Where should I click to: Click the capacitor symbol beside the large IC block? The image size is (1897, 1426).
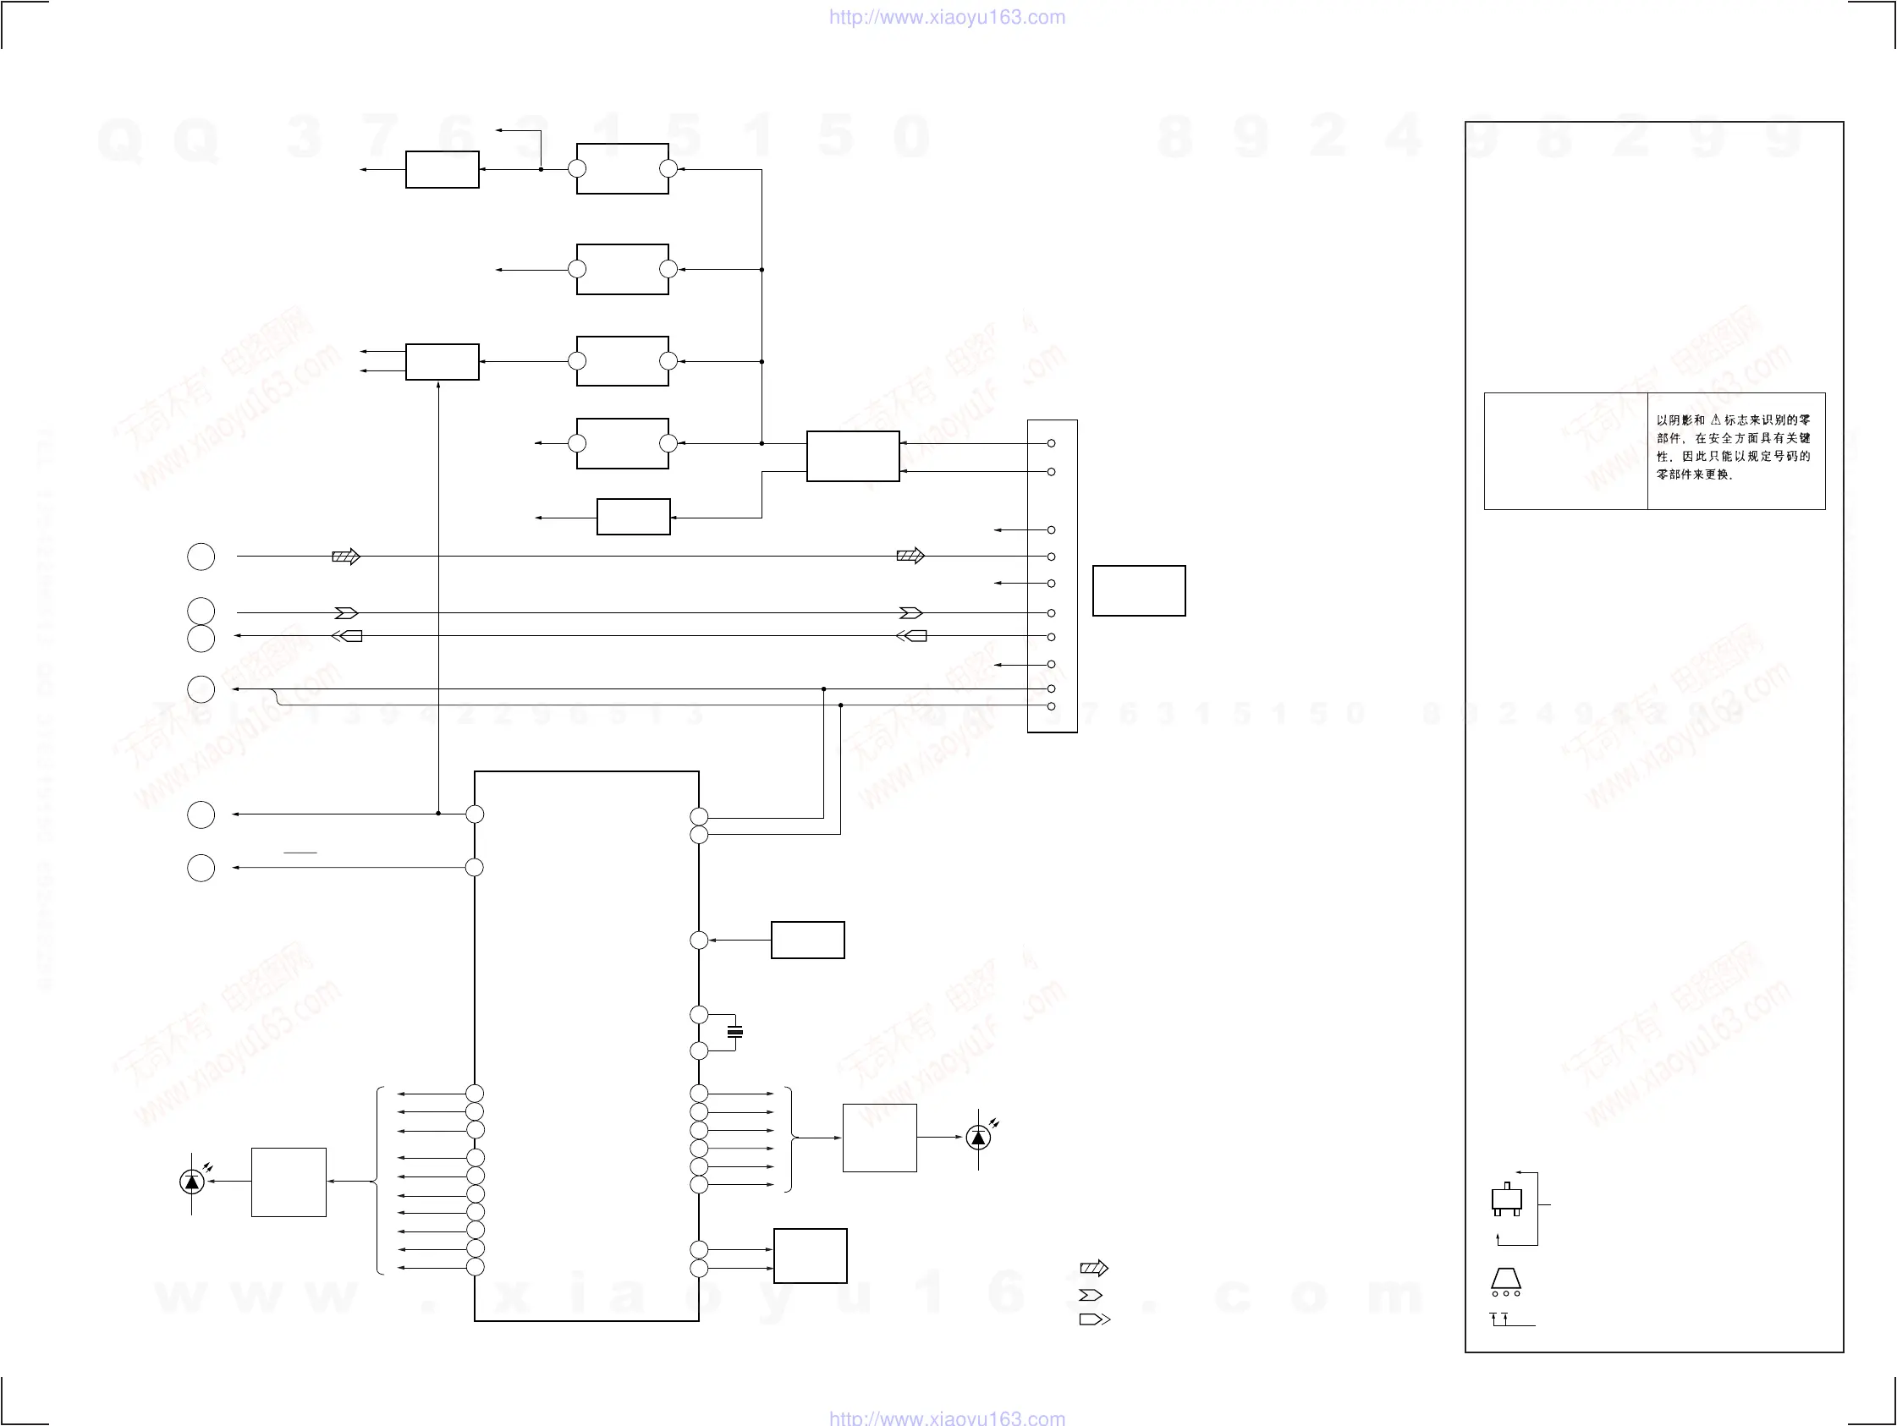[734, 1032]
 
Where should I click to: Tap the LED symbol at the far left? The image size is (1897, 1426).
[191, 1182]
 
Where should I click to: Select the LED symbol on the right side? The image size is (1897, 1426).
[977, 1137]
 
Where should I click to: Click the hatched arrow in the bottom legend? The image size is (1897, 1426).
[1093, 1268]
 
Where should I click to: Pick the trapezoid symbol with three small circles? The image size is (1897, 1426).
[1505, 1283]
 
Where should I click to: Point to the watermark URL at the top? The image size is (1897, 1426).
[947, 17]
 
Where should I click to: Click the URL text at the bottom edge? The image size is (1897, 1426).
[947, 1418]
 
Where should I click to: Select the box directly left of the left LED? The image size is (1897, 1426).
[289, 1182]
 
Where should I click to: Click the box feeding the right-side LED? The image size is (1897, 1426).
[879, 1137]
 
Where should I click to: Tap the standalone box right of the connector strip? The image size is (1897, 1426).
[1138, 590]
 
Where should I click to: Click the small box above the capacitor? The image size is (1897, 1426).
[807, 940]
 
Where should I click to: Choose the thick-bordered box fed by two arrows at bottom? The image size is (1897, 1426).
[810, 1255]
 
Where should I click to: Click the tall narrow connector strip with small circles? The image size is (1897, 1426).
[1053, 575]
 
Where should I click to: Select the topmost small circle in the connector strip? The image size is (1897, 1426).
[1052, 443]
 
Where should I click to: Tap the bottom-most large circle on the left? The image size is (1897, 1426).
[201, 868]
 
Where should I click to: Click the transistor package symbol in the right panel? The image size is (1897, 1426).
[1507, 1198]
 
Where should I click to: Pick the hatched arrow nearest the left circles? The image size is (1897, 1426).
[345, 557]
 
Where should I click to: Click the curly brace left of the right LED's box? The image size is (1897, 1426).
[789, 1138]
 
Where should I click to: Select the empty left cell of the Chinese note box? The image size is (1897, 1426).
[1565, 451]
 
